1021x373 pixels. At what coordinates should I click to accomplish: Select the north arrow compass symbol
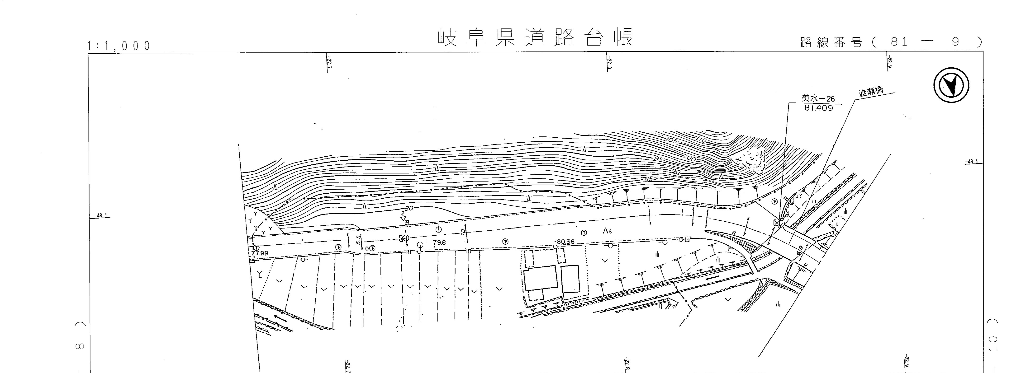coord(951,85)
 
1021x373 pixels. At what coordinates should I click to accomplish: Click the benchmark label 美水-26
coord(818,99)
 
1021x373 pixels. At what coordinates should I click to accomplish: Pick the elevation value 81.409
coord(818,108)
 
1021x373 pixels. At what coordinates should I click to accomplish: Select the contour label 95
coord(658,159)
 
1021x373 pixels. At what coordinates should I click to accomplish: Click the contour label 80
coord(409,208)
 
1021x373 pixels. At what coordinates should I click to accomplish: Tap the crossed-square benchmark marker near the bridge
coord(776,223)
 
